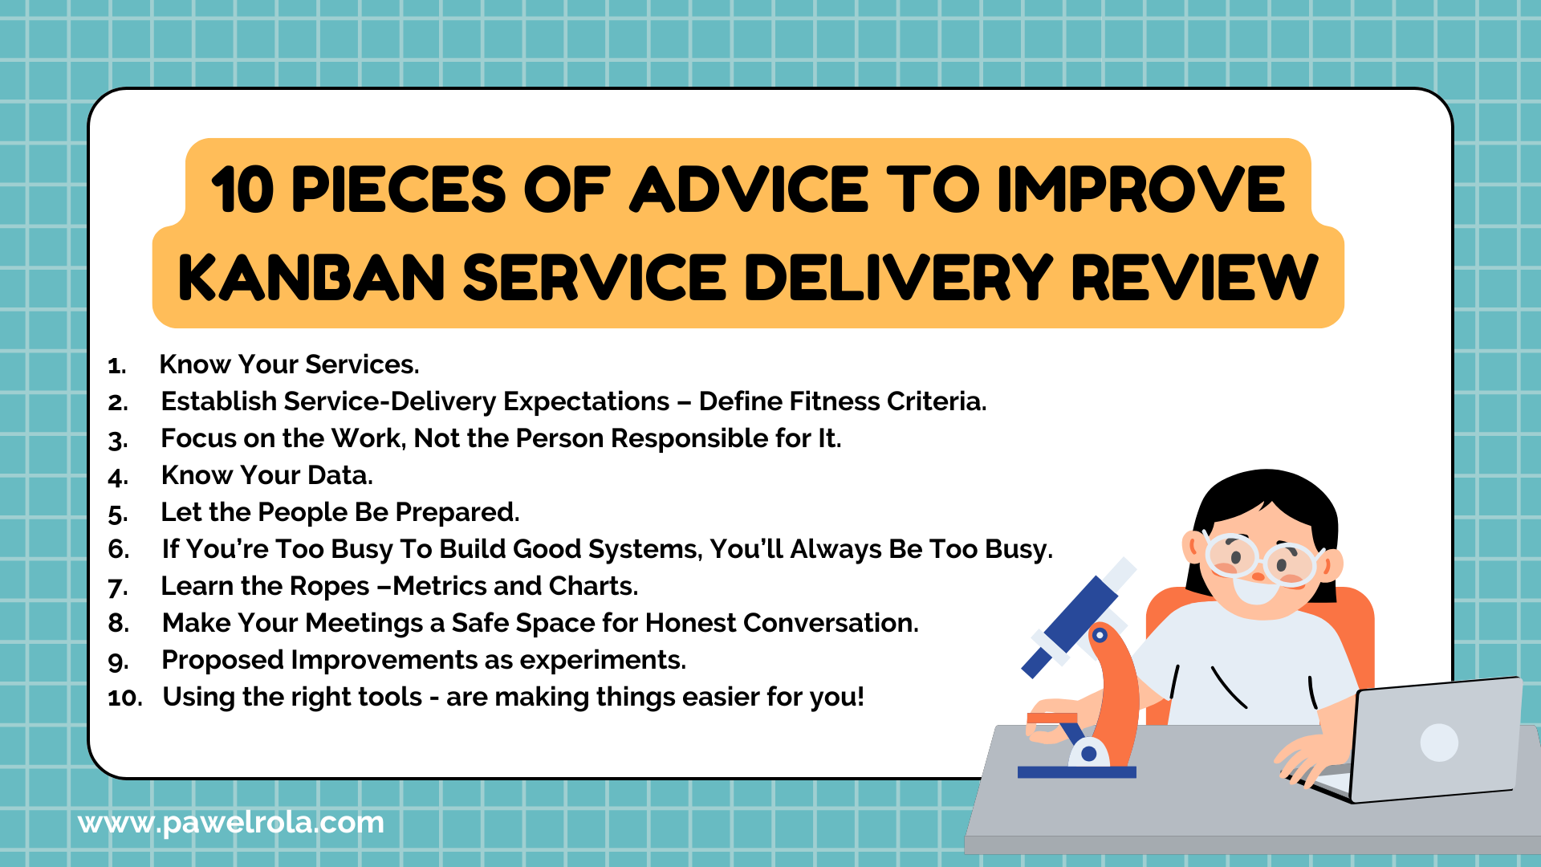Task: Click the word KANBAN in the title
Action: point(311,278)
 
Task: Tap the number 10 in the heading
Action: point(242,189)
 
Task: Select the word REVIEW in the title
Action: point(1195,278)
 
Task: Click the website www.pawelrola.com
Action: point(231,823)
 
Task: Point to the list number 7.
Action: point(118,588)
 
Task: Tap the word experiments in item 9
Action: point(603,661)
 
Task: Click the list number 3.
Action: point(118,440)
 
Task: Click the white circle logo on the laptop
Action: point(1439,743)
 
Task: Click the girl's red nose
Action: point(1258,576)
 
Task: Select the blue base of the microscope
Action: point(1077,772)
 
